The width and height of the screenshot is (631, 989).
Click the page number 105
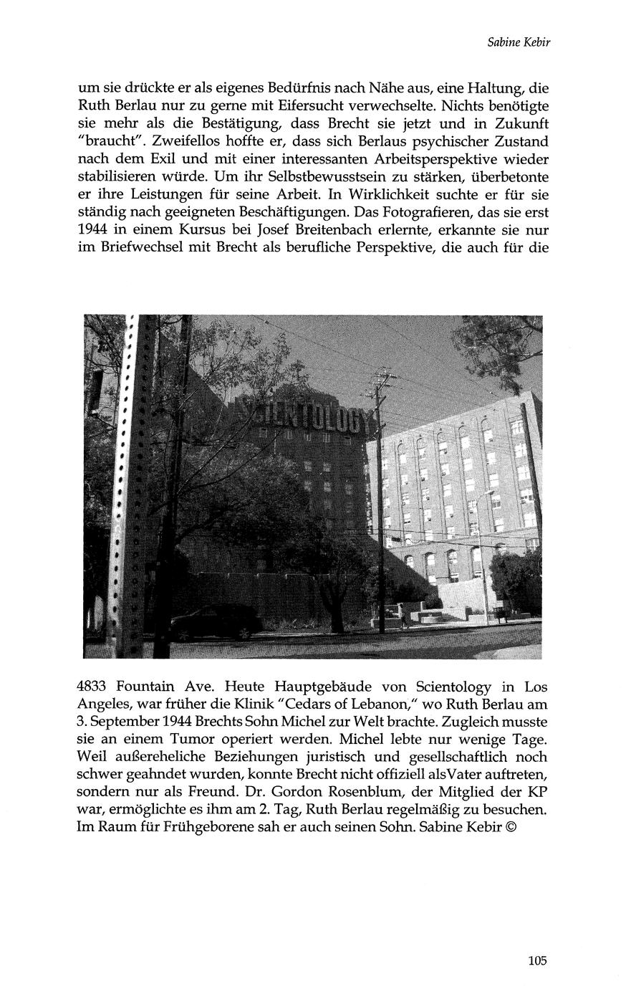click(x=538, y=961)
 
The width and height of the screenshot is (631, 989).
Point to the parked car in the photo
click(x=215, y=622)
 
